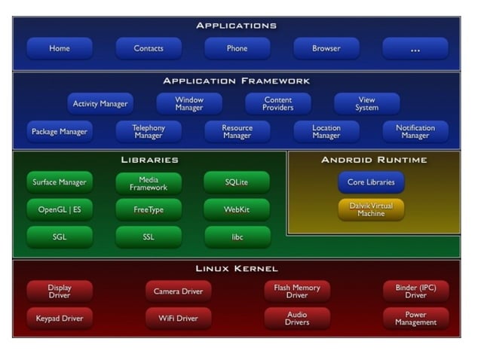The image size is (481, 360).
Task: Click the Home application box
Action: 60,49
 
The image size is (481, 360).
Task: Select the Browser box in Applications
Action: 326,49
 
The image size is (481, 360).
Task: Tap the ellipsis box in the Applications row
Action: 415,49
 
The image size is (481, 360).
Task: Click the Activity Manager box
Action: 100,104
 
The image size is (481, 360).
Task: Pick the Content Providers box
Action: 277,104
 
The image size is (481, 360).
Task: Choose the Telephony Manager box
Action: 149,132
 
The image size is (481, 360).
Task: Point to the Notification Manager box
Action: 415,132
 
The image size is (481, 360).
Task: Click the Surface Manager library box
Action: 60,182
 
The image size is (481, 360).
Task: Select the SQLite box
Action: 237,182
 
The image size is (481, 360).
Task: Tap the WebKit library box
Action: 237,209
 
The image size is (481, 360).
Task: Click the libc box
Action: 237,236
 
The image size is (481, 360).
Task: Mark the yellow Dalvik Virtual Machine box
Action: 370,209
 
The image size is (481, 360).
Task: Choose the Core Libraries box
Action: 370,182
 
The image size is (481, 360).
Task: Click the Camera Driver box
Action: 178,291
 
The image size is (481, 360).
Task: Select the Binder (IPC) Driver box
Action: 415,291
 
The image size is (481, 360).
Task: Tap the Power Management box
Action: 415,319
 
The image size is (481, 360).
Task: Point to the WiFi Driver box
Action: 178,319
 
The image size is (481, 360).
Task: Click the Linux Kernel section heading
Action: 237,268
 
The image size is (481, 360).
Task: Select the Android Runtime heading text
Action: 374,160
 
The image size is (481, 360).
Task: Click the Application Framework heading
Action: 237,81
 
